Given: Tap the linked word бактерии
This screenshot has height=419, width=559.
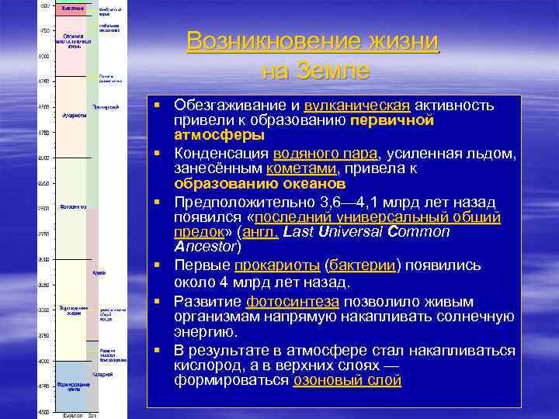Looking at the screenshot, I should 363,265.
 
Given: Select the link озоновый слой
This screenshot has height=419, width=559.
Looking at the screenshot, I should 346,380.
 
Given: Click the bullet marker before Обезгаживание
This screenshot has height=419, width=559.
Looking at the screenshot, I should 156,103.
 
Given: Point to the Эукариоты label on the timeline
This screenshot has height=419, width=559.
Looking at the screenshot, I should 75,116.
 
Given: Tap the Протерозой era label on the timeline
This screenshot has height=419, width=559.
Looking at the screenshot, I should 106,107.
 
